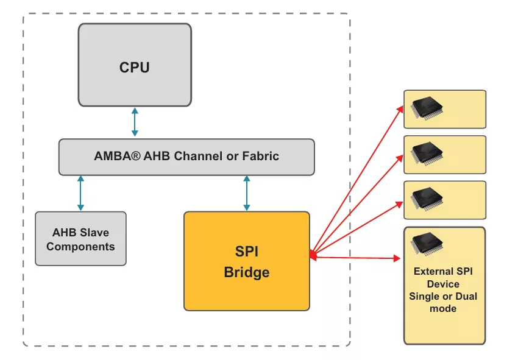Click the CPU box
coord(135,65)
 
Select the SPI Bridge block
coord(246,261)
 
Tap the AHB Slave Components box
coord(80,238)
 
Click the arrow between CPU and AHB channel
coord(135,122)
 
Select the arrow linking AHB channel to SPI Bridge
coord(246,193)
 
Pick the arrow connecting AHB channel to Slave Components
coord(80,193)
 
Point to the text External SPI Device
coord(443,278)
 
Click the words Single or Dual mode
coord(443,303)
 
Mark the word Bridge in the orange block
coord(246,272)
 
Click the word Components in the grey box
coord(80,247)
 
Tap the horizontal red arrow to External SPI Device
coord(356,258)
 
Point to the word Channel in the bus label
coord(197,156)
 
